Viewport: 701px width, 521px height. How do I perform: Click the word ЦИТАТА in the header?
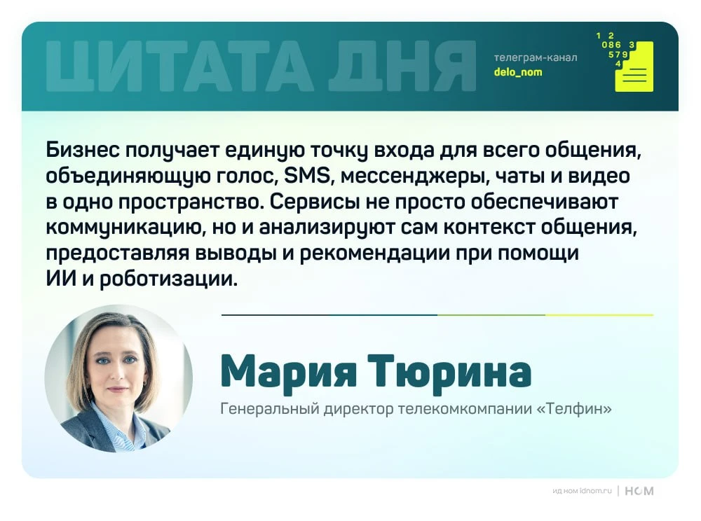179,67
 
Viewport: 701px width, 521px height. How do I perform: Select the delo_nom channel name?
518,72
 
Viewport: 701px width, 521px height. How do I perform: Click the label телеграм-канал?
536,57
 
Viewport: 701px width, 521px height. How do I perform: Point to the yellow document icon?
634,67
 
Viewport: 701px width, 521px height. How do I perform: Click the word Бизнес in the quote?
83,150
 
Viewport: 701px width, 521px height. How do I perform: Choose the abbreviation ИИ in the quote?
61,279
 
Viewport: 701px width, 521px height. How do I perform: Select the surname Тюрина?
449,370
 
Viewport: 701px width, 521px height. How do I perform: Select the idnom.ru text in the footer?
595,491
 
